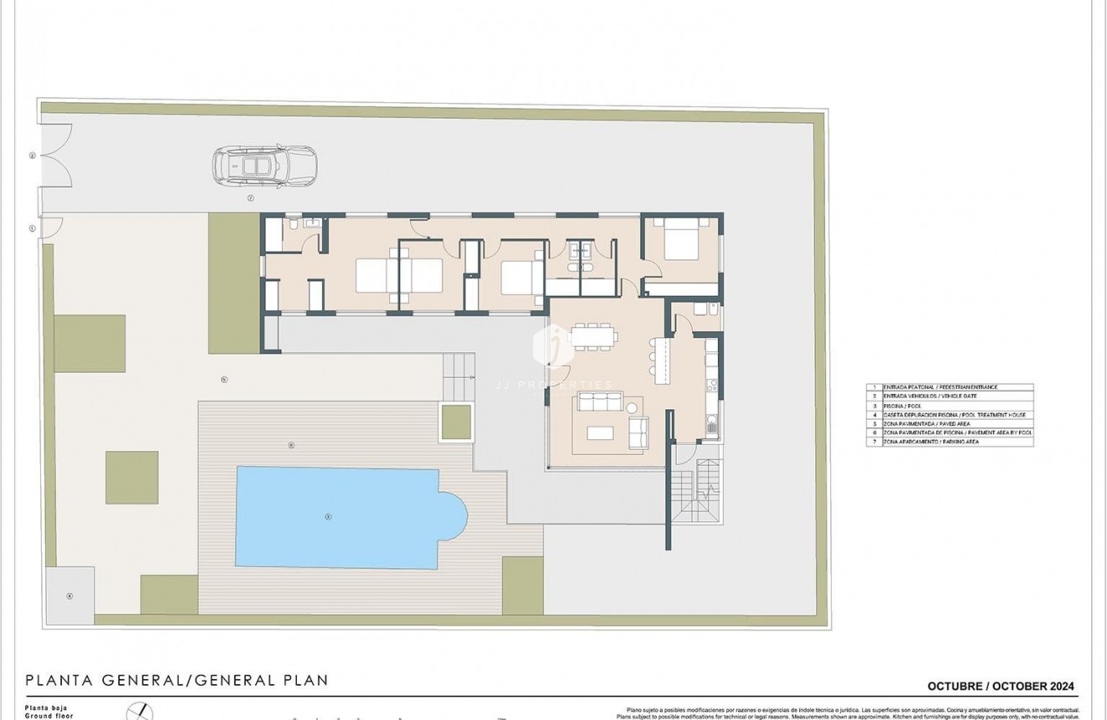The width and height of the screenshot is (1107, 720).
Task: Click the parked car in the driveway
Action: [x=264, y=166]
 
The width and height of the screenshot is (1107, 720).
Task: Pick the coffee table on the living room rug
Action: [x=600, y=433]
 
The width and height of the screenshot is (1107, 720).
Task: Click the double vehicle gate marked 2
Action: [x=56, y=155]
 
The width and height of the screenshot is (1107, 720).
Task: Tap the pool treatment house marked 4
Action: [x=70, y=595]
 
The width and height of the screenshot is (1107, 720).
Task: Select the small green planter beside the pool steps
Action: [x=456, y=422]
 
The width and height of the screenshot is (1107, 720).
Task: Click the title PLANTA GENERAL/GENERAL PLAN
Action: [x=177, y=681]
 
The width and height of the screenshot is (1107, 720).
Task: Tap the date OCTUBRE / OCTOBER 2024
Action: [x=1000, y=686]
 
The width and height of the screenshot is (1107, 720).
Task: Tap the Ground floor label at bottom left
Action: [x=49, y=716]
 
